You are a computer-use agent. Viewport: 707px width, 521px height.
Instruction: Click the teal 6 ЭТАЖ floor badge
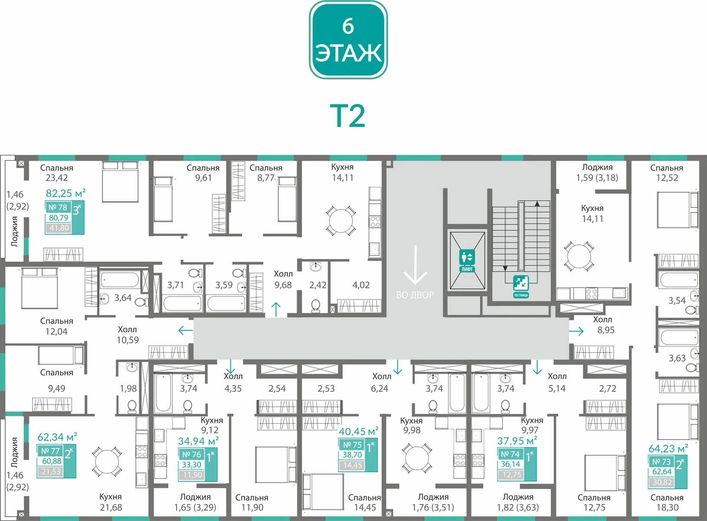click(348, 40)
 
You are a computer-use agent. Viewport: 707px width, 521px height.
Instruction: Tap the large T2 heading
click(348, 116)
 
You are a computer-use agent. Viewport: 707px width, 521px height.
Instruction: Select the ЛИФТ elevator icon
click(467, 261)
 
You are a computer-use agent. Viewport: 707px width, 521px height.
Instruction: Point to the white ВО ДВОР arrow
click(415, 265)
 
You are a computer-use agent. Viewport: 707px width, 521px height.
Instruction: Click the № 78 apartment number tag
click(58, 208)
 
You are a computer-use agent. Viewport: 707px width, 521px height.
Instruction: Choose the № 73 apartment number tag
click(661, 462)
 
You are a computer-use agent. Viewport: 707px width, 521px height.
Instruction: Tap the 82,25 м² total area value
click(66, 193)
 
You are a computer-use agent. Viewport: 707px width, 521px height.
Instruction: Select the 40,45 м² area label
click(358, 431)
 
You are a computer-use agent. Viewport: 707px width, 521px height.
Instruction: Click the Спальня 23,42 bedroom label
click(56, 173)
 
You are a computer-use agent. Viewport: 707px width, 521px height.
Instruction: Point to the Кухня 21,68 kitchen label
click(111, 502)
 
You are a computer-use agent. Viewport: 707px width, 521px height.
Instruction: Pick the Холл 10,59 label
click(128, 335)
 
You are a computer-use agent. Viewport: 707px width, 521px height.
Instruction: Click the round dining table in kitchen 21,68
click(107, 462)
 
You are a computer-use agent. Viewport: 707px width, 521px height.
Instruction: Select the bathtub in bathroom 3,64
click(120, 280)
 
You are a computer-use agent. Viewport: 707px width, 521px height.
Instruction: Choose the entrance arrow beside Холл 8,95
click(576, 331)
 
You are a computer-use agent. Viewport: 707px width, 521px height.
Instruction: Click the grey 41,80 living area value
click(59, 228)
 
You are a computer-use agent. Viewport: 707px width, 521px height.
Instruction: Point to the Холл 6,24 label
click(381, 383)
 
